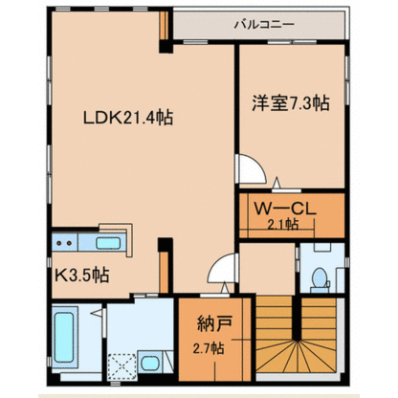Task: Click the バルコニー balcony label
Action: (264, 25)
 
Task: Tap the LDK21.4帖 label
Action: (128, 118)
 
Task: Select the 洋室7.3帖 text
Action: (291, 102)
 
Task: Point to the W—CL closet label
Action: (285, 209)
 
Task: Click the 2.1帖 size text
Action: (282, 225)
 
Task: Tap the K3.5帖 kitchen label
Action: (82, 275)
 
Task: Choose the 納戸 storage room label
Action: (214, 323)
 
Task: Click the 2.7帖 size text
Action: (209, 348)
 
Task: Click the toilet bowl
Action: (320, 280)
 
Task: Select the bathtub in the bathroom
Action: (65, 338)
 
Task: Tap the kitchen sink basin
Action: (108, 243)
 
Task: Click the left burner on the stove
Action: (59, 243)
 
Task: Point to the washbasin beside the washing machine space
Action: (150, 363)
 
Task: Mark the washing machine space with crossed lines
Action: (122, 366)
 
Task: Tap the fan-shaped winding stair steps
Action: (297, 356)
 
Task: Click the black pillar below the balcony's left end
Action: (166, 47)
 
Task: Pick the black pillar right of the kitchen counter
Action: (166, 245)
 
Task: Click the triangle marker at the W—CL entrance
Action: (276, 183)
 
